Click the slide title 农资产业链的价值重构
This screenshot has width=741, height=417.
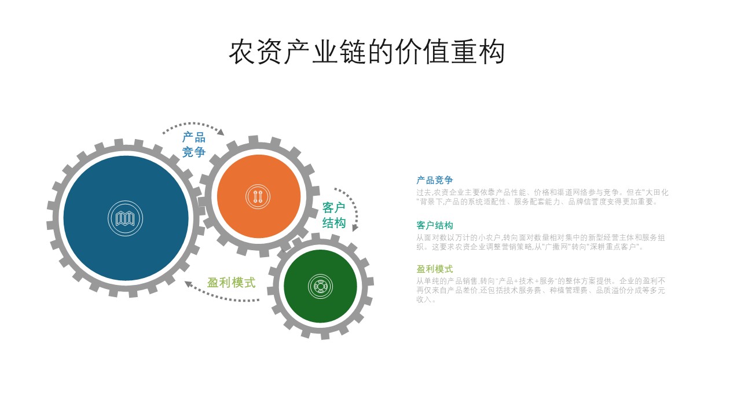[367, 52]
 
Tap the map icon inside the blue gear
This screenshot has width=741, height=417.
[126, 219]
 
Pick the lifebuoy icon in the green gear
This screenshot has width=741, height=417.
[320, 286]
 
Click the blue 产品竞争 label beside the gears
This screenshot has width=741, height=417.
[194, 145]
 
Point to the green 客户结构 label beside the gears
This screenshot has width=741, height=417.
[333, 215]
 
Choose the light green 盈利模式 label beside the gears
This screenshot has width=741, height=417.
[232, 283]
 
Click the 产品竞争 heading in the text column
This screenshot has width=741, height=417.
[435, 180]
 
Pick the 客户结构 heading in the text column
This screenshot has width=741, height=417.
[435, 225]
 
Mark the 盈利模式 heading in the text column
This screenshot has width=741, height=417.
[435, 269]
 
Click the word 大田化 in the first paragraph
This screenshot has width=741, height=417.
[656, 192]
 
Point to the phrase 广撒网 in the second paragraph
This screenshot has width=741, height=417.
[549, 247]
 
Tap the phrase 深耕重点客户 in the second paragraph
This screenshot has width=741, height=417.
[607, 247]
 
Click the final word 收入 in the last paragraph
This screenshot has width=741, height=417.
[423, 299]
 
